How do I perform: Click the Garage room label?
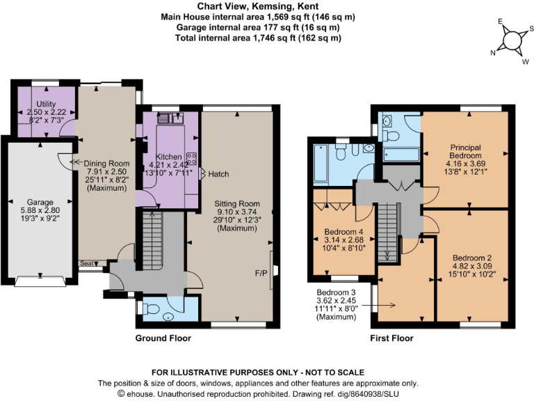[x=40, y=202]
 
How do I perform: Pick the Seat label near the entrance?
[x=87, y=263]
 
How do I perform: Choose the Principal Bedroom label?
[x=465, y=151]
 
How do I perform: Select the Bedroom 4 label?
[x=344, y=232]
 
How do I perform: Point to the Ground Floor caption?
[x=163, y=338]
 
